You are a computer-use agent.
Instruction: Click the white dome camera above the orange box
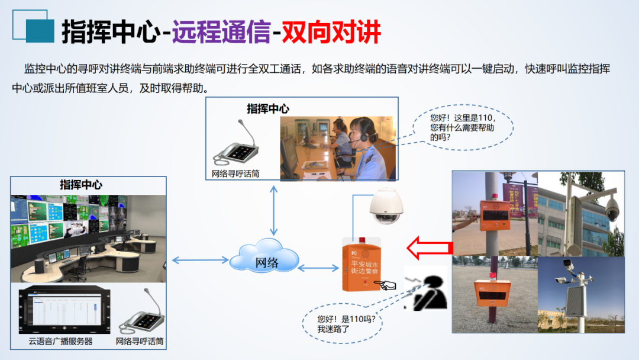tap(386, 205)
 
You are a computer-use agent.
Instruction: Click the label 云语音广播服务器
tap(60, 342)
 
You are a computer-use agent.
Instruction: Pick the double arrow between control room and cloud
tap(200, 259)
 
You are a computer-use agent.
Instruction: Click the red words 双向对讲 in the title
tap(331, 32)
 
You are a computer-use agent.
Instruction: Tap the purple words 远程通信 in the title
tap(222, 32)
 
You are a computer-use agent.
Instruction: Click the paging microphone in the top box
tap(237, 145)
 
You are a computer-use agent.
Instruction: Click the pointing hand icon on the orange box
tap(388, 285)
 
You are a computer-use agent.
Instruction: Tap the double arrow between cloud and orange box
tap(318, 269)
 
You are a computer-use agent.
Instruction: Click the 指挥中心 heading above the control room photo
tap(80, 184)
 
